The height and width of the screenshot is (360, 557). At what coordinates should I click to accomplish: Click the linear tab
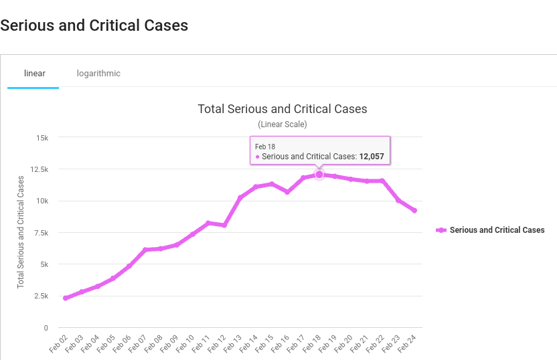[x=34, y=73]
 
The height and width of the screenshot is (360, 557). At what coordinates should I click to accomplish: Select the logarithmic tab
[x=98, y=73]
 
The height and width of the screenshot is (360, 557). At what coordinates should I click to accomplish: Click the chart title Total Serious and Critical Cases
[x=283, y=109]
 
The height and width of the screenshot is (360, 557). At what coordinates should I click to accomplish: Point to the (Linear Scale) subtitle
[x=283, y=124]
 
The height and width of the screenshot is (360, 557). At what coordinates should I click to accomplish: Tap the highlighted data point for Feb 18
[x=319, y=175]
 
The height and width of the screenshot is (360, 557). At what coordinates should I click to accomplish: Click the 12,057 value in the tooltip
[x=372, y=157]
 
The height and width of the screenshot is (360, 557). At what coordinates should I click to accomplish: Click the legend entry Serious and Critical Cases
[x=497, y=230]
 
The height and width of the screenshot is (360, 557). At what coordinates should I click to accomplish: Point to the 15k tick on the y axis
[x=42, y=138]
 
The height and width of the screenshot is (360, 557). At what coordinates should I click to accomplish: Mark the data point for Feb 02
[x=66, y=298]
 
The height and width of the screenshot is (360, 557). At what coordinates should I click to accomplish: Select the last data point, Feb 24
[x=414, y=211]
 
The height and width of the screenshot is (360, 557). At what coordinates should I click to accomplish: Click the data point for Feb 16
[x=287, y=192]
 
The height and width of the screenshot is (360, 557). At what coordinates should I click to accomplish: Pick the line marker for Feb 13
[x=240, y=198]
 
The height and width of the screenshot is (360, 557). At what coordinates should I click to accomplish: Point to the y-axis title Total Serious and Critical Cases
[x=21, y=232]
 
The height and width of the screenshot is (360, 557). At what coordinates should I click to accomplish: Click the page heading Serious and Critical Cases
[x=94, y=25]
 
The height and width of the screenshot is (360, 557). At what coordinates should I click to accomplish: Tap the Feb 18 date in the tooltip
[x=265, y=147]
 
